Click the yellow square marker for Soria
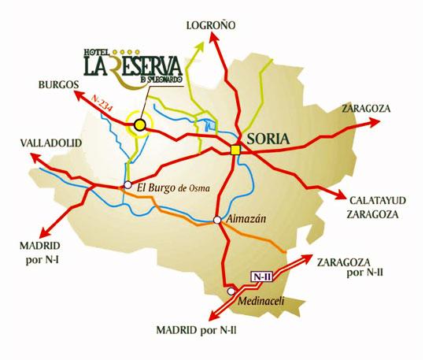(235, 150)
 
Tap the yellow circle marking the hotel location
(139, 124)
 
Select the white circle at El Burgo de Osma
(128, 186)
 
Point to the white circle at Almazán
(217, 220)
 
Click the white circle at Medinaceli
(231, 290)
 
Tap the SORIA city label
(268, 139)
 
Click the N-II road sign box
(261, 276)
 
